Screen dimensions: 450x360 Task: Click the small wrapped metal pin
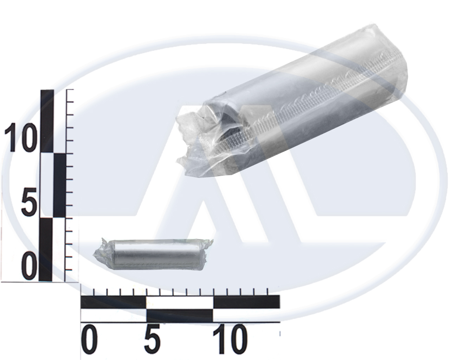153,255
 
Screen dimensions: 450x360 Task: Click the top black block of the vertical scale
47,121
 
